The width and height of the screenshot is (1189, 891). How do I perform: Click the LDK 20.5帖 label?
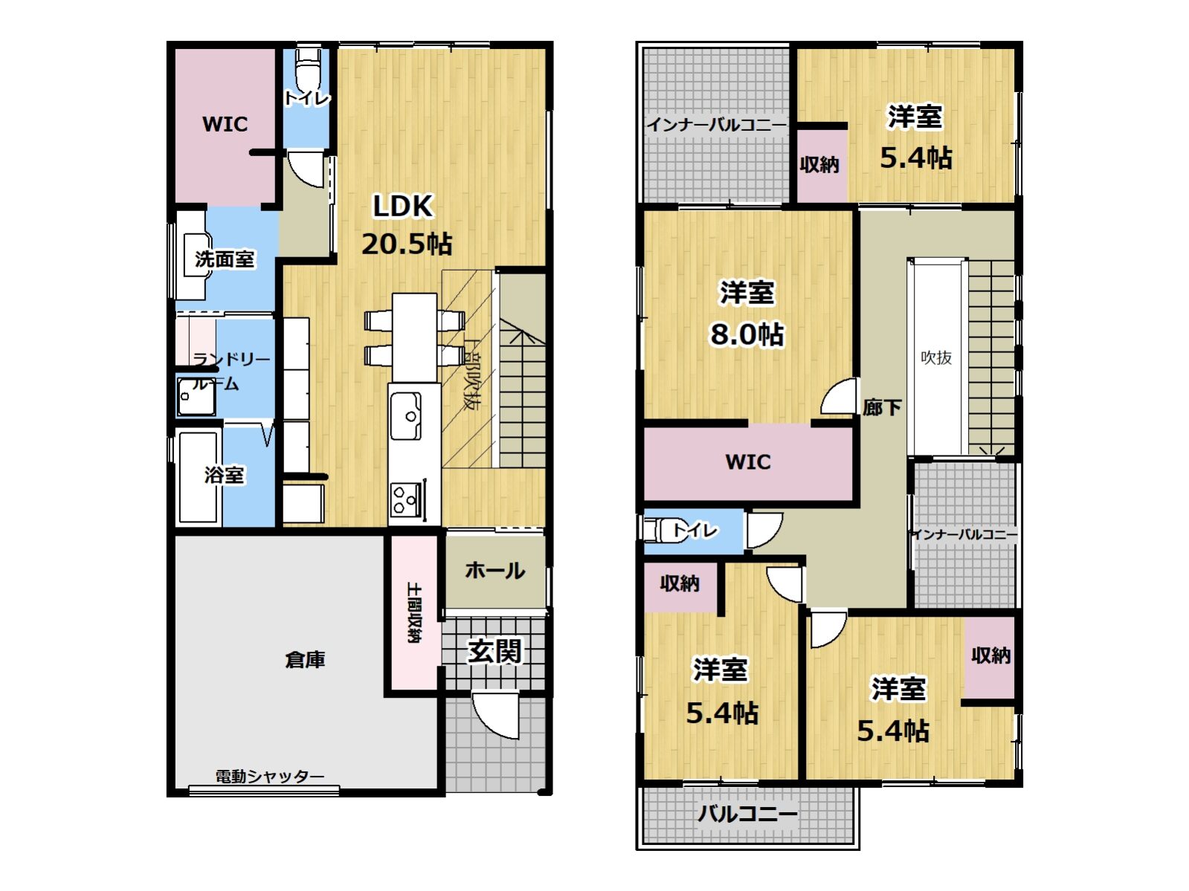click(x=406, y=224)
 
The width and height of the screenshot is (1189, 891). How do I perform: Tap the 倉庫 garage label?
click(x=305, y=660)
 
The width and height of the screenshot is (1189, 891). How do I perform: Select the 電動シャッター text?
click(x=270, y=777)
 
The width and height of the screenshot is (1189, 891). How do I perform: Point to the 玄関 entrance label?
click(x=494, y=651)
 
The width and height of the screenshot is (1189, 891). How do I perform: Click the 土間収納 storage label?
click(x=414, y=612)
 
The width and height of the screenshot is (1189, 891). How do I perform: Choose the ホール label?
click(x=495, y=571)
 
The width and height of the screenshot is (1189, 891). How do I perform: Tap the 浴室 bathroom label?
click(x=225, y=476)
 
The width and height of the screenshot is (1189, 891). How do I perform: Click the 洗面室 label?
click(x=225, y=259)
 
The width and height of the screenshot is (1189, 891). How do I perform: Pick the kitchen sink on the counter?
click(x=406, y=415)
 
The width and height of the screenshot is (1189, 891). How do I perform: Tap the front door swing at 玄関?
click(x=495, y=715)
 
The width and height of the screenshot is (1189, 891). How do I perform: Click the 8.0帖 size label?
click(x=747, y=334)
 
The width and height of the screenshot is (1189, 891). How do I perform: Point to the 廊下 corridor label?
click(x=882, y=408)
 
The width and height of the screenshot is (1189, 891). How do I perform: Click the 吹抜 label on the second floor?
click(x=936, y=357)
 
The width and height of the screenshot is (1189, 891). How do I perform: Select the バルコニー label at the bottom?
click(x=747, y=814)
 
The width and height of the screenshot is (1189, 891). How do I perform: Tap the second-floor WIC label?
click(x=747, y=461)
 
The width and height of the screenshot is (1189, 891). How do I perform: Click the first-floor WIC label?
click(x=225, y=124)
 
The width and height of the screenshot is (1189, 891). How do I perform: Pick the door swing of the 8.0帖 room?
click(x=839, y=398)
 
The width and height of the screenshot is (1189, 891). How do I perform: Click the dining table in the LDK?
click(x=414, y=337)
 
